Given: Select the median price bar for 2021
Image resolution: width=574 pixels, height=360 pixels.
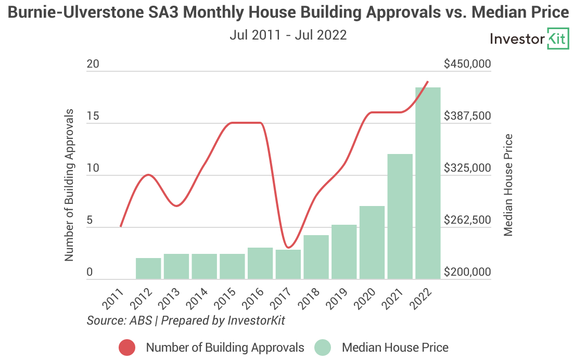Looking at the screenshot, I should click(400, 216).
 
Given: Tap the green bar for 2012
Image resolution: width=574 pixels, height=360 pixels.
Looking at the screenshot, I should click(148, 268).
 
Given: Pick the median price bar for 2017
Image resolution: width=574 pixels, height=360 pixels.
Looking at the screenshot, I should click(288, 264).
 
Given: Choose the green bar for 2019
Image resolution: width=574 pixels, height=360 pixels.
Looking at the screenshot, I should click(344, 252).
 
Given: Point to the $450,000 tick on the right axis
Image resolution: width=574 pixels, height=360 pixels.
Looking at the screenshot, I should click(467, 64).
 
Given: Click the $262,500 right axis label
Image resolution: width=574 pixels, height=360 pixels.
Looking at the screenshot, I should click(467, 220).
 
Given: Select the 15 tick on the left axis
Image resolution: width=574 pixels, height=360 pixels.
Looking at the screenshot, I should click(93, 116).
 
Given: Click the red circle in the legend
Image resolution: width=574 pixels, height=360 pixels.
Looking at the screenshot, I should click(127, 348).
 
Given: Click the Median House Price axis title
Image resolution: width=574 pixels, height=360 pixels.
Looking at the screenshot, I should click(508, 185).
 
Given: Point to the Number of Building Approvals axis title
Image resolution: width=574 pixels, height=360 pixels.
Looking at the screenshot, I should click(69, 186).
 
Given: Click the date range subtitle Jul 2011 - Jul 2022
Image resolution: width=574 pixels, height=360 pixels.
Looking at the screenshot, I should click(288, 35).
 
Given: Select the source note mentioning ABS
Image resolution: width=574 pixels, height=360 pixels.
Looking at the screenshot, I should click(186, 320).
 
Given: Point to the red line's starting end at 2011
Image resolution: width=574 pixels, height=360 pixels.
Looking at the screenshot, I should click(121, 226).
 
